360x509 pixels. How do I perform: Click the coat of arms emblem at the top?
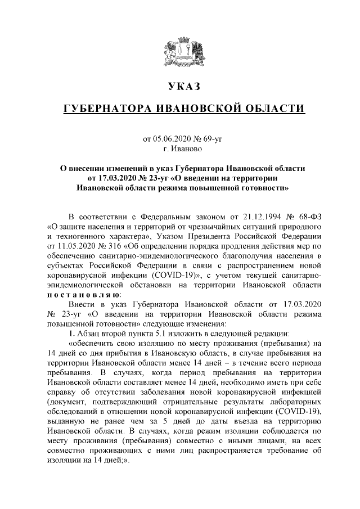tap(180, 51)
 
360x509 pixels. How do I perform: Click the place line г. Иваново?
tap(179, 150)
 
